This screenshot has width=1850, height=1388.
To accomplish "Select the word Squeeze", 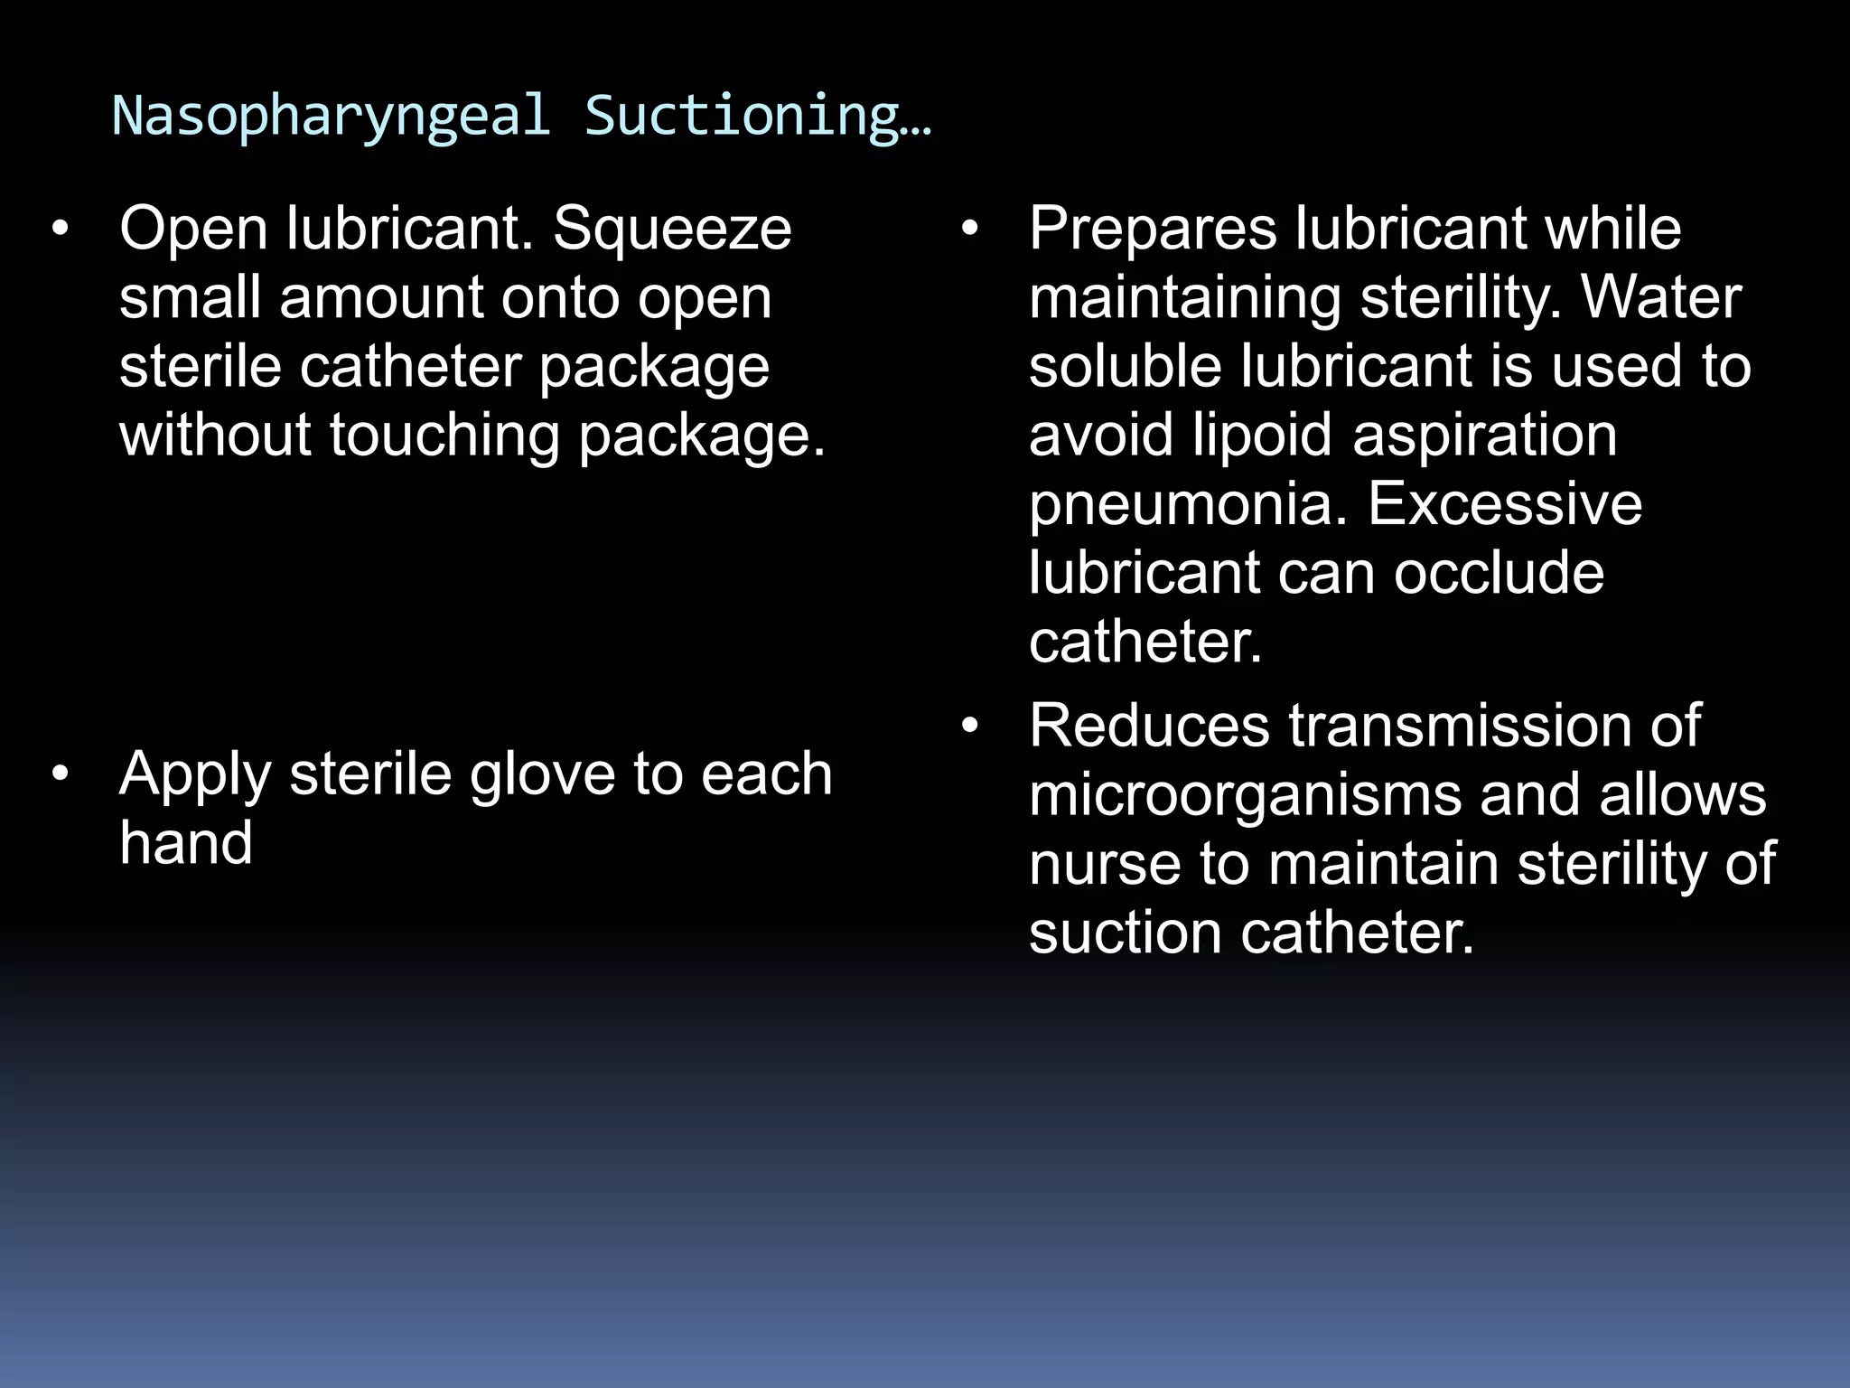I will coord(672,230).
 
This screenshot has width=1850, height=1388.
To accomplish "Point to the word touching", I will coord(444,436).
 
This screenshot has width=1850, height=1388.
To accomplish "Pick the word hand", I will coord(185,843).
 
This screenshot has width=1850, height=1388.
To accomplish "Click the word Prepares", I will coord(1153,230).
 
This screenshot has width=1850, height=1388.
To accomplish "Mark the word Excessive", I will coord(1505,504).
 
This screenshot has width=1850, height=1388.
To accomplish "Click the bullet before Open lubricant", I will coord(60,230).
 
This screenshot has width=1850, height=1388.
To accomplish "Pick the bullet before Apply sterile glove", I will coord(60,774).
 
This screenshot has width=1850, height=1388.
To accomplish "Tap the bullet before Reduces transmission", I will coord(969,726).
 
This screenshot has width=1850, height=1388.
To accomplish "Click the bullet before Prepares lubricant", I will coord(969,230).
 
